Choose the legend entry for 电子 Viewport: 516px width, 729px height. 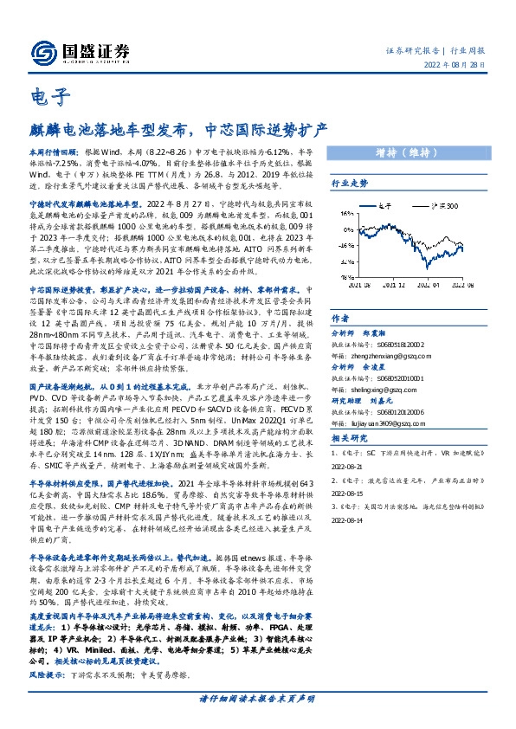402,204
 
